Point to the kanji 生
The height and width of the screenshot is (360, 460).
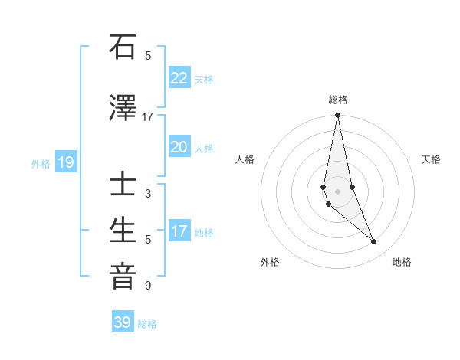(123, 231)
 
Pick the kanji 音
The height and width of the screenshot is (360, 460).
(123, 276)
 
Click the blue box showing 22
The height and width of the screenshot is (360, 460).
(179, 78)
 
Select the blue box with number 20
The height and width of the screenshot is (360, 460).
(179, 147)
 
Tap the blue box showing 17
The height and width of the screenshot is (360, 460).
(179, 231)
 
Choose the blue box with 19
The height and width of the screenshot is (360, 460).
(65, 162)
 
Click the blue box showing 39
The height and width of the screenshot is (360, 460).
(123, 322)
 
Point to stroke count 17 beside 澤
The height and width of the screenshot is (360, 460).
(148, 117)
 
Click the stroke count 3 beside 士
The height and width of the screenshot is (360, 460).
(148, 194)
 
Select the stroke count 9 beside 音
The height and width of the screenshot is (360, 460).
(148, 286)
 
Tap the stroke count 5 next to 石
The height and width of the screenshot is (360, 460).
(148, 55)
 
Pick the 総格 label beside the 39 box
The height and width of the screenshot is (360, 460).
(147, 324)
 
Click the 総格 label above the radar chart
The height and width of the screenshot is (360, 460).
(337, 100)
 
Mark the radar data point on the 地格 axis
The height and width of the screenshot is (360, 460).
(374, 242)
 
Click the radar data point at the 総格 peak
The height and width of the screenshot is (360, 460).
(337, 116)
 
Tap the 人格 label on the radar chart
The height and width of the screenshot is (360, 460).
(245, 159)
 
